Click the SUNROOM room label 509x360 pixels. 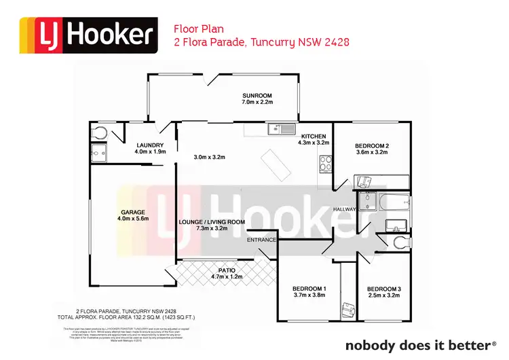[x=257, y=96]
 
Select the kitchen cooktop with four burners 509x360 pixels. [x=324, y=163]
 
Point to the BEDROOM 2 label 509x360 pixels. [x=371, y=146]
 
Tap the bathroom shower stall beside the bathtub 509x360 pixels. [x=367, y=201]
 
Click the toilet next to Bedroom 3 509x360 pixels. [x=400, y=242]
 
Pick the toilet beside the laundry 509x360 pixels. [x=99, y=132]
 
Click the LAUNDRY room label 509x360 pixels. [x=149, y=145]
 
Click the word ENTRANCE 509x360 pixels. [x=261, y=240]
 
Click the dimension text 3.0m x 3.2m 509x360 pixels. [x=209, y=158]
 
